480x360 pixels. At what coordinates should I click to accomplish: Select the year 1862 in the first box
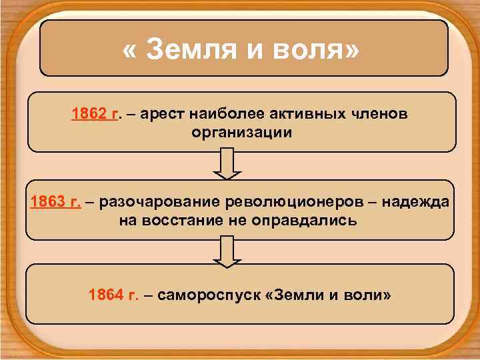(89, 114)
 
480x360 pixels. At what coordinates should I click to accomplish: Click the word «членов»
(377, 114)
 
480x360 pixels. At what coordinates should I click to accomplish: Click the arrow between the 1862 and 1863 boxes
(227, 163)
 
